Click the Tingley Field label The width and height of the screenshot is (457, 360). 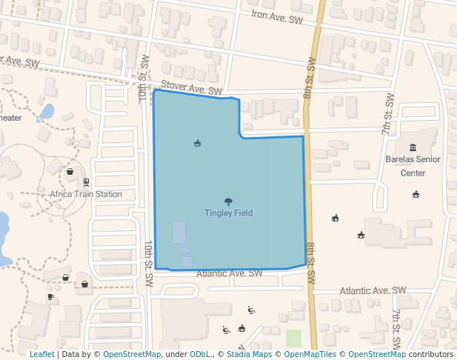click(x=228, y=213)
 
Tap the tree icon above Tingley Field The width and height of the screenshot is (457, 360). click(x=228, y=201)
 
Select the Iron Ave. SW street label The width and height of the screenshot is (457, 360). click(x=277, y=17)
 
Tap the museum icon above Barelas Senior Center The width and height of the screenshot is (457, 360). click(x=413, y=147)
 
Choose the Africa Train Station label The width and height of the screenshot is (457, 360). click(x=86, y=195)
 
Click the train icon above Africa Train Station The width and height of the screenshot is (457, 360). click(x=87, y=182)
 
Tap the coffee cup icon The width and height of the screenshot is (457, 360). click(x=50, y=297)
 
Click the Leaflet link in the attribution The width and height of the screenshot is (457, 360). click(x=41, y=354)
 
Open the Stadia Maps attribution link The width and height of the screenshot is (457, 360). click(x=249, y=354)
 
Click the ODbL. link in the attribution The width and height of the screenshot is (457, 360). click(x=200, y=354)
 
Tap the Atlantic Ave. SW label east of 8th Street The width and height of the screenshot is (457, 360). click(x=373, y=290)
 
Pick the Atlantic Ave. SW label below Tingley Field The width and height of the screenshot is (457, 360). click(x=230, y=273)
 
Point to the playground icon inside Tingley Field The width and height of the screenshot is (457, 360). click(x=197, y=143)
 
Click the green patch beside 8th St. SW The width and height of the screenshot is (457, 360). click(x=294, y=339)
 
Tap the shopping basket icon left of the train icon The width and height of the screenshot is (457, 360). click(x=70, y=172)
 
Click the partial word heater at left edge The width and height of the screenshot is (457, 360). click(x=11, y=118)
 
